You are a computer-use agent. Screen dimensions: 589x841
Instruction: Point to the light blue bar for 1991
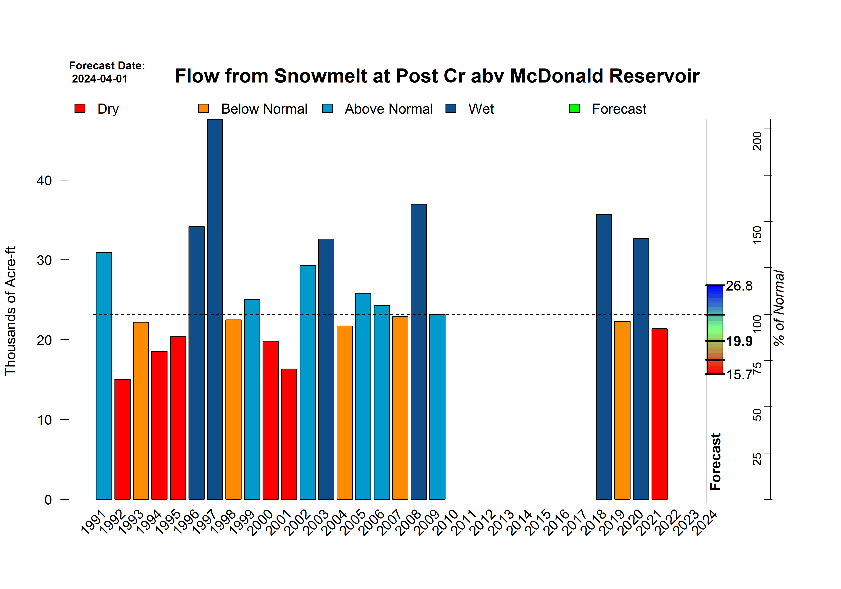[x=104, y=375]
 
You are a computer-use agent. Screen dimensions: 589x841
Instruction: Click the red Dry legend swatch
[x=80, y=108]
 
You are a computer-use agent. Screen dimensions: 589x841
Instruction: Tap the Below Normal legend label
[x=264, y=109]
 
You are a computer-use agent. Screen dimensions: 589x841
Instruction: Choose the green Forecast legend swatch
[x=574, y=108]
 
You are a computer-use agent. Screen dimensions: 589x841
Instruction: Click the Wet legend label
[x=481, y=109]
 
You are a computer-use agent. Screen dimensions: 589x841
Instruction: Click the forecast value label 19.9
[x=739, y=341]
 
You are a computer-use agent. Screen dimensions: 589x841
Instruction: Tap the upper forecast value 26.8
[x=739, y=286]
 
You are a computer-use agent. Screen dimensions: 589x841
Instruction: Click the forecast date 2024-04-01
[x=100, y=79]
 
